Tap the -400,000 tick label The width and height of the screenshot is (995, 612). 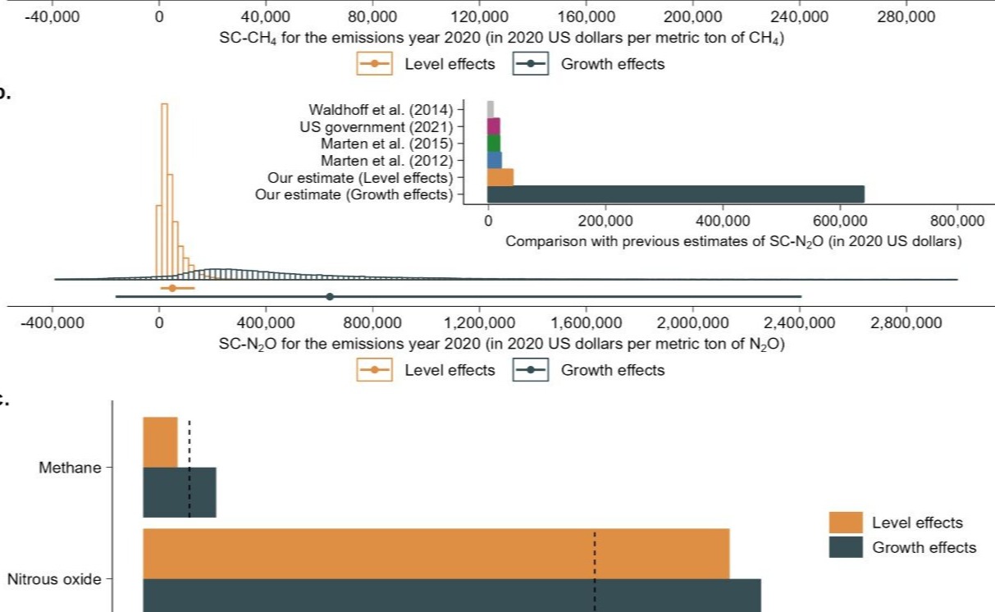tap(52, 322)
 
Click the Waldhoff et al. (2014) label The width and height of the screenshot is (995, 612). tap(381, 109)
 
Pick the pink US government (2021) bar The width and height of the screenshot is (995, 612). tap(494, 126)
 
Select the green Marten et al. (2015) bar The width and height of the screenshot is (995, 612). tap(494, 144)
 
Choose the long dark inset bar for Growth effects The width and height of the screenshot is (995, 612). tap(676, 194)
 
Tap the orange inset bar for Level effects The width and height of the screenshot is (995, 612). tap(500, 177)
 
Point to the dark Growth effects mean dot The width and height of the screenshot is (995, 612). tap(330, 297)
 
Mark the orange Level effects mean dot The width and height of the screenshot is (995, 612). tap(172, 288)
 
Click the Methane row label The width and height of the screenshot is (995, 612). tap(71, 468)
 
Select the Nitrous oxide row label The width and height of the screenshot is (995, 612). tap(54, 580)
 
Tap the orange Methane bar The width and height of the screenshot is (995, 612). tap(160, 442)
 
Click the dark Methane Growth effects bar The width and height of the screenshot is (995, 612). tap(180, 492)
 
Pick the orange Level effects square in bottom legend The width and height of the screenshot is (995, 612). tap(846, 523)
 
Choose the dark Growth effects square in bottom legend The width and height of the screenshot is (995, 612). tap(846, 547)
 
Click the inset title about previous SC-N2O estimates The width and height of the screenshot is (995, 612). tap(733, 243)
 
